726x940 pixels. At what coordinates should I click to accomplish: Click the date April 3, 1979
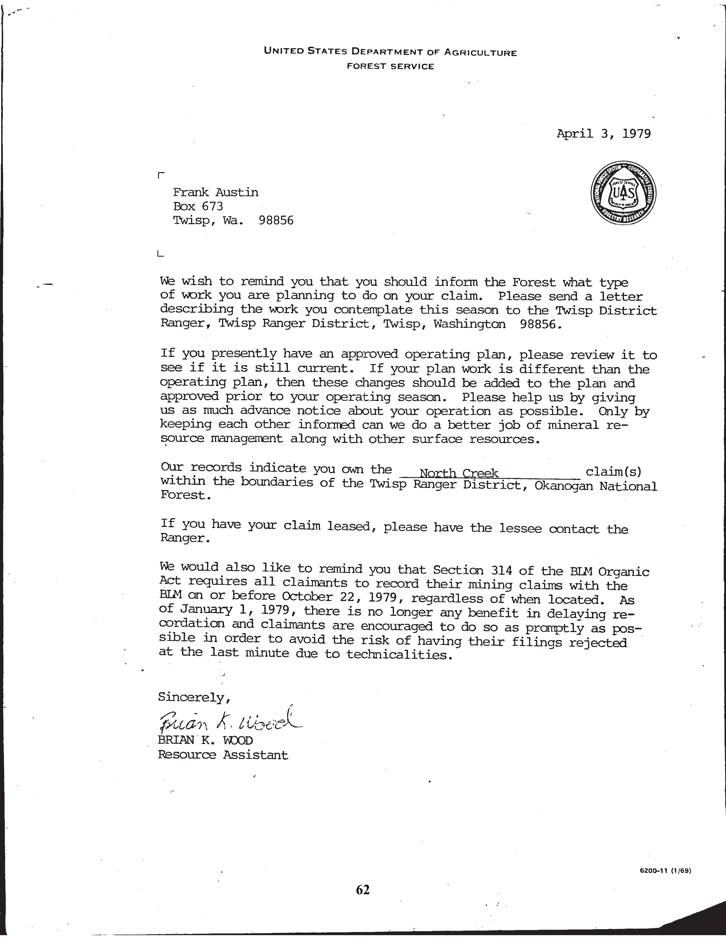(x=603, y=134)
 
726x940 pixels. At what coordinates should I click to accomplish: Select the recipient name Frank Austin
(x=216, y=192)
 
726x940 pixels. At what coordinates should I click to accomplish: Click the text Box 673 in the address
(x=198, y=207)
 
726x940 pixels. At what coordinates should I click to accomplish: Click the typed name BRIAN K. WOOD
(x=205, y=740)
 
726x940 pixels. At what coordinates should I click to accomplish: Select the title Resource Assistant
(x=223, y=755)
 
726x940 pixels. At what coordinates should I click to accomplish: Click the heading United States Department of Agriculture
(x=390, y=52)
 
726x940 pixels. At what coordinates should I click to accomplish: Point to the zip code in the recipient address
(x=276, y=221)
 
